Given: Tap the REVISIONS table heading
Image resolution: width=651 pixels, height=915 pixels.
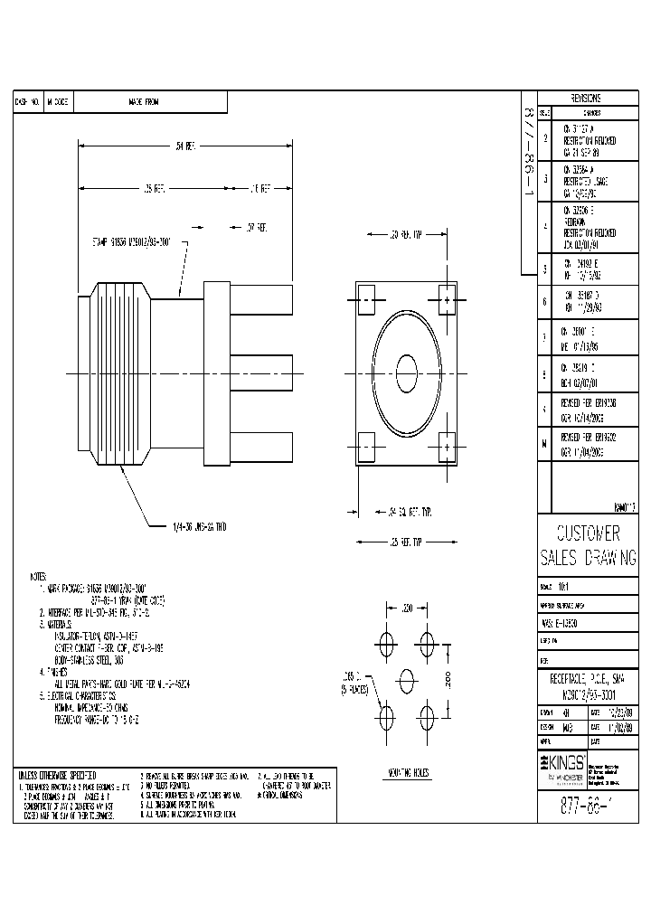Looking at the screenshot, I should tap(588, 99).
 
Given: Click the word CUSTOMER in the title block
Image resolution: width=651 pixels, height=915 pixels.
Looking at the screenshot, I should tap(589, 532).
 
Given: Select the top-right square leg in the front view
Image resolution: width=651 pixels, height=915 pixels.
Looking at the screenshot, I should tap(448, 297).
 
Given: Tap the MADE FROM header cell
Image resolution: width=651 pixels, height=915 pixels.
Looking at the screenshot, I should tap(137, 102).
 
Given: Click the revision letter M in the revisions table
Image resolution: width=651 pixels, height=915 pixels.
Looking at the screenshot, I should tap(544, 444).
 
